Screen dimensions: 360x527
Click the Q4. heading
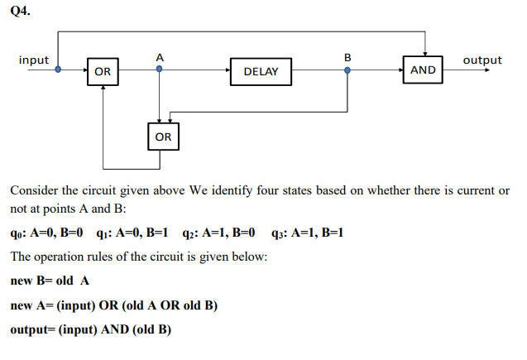click(21, 12)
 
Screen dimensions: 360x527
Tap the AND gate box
click(423, 70)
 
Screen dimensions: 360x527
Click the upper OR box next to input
click(103, 71)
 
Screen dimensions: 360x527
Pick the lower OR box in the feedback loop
click(163, 136)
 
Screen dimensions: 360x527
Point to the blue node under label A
click(159, 70)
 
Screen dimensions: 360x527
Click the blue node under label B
click(347, 70)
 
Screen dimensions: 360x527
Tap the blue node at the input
click(58, 70)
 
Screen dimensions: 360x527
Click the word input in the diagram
click(34, 60)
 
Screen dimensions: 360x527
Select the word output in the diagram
click(481, 60)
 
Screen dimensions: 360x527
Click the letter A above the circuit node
click(159, 57)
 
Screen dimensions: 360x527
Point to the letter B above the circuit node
click(347, 57)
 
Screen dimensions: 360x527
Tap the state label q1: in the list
click(103, 233)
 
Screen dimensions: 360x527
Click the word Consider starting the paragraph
click(36, 190)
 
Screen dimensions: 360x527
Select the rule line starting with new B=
click(50, 281)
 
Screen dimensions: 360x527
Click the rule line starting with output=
click(90, 329)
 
